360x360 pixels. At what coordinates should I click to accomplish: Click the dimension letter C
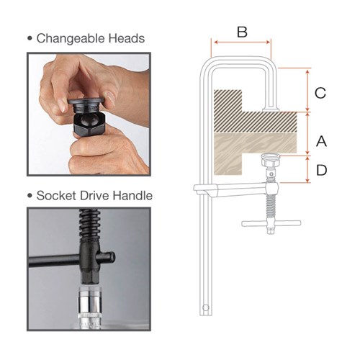click(x=321, y=92)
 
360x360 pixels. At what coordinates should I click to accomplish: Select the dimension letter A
click(x=321, y=139)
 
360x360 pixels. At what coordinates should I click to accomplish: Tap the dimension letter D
click(x=321, y=170)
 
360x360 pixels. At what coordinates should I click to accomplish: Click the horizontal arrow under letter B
click(x=242, y=42)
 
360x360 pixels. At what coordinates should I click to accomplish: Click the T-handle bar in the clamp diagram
click(x=271, y=223)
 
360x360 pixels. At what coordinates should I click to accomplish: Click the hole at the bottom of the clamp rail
click(x=207, y=308)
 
